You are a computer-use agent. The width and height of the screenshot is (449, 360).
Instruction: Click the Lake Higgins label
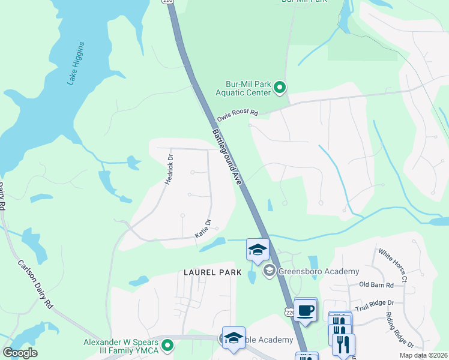tap(76, 63)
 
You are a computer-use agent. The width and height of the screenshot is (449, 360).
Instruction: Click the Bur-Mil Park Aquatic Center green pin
tap(280, 88)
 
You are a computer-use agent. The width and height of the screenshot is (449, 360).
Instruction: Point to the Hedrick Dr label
tap(169, 170)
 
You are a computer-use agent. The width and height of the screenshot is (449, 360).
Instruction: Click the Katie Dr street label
tap(202, 228)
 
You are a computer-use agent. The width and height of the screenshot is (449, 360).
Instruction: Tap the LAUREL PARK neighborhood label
tap(212, 272)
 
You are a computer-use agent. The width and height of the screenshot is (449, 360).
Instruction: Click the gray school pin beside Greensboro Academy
tap(269, 272)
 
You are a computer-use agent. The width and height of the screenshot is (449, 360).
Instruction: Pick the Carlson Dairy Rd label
tap(36, 283)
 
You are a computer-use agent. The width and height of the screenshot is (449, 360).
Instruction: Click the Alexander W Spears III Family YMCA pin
tap(168, 345)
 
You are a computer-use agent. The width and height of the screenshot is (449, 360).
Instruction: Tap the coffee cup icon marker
tap(306, 310)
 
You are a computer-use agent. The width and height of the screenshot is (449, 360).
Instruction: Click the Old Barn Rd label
tap(376, 285)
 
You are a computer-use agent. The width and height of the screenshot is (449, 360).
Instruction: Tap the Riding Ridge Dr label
tap(400, 331)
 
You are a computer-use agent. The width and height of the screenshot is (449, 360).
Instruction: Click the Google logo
tap(20, 353)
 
